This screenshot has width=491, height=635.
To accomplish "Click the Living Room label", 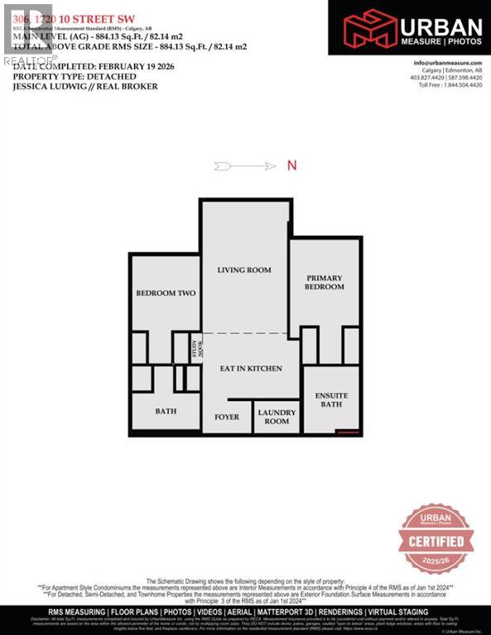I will click(244, 270).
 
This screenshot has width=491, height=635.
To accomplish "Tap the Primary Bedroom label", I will click(325, 282).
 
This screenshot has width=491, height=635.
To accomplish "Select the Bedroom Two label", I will click(164, 294).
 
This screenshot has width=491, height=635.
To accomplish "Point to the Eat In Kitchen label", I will click(250, 368).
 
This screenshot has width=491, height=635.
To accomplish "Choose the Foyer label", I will click(227, 417).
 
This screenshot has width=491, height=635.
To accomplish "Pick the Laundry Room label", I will click(277, 416).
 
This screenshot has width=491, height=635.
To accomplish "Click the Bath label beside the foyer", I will click(166, 411).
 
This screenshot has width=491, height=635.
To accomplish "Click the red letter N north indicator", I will click(291, 165).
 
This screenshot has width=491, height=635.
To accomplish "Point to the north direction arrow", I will click(244, 166).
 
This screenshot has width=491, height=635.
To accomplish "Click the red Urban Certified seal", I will click(436, 540).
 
